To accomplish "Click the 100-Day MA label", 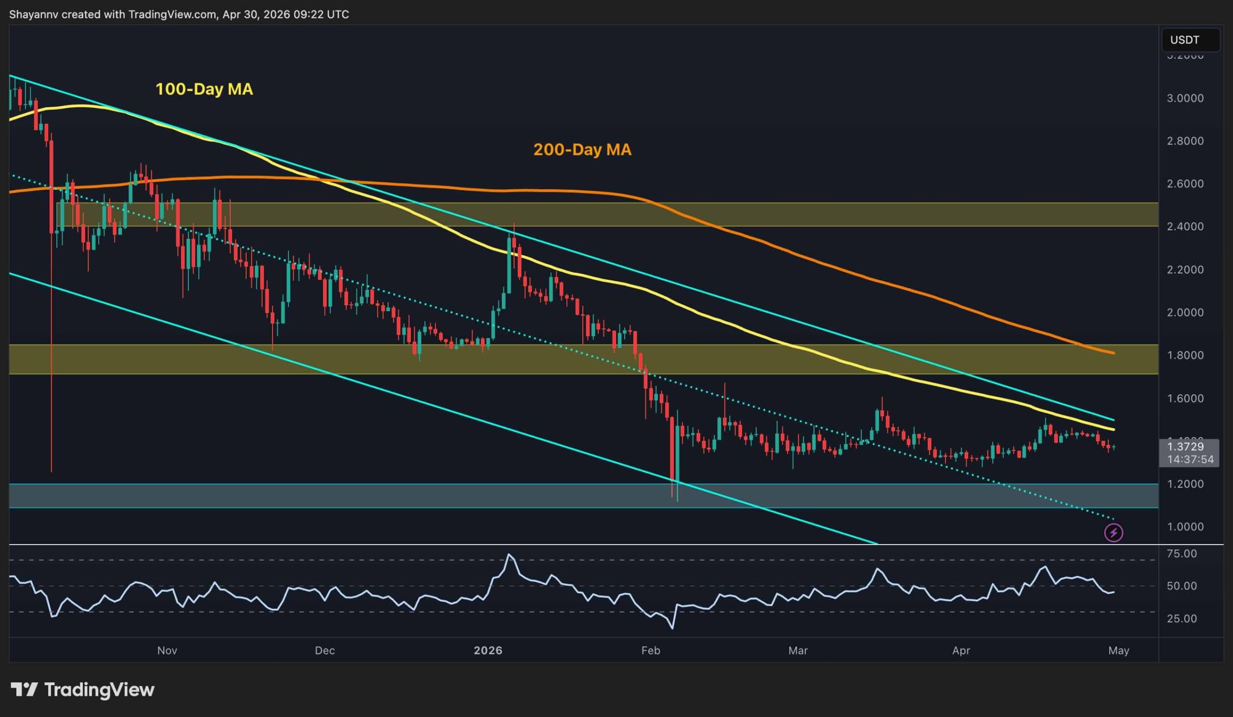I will pyautogui.click(x=204, y=89).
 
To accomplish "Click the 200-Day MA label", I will pyautogui.click(x=582, y=150).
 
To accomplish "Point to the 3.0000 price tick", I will pyautogui.click(x=1185, y=98).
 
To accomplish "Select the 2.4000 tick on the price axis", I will pyautogui.click(x=1185, y=226).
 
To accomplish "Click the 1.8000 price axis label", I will pyautogui.click(x=1185, y=355).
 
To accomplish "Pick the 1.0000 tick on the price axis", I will pyautogui.click(x=1185, y=527).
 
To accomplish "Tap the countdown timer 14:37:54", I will pyautogui.click(x=1190, y=459).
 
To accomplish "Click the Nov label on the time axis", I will pyautogui.click(x=167, y=651).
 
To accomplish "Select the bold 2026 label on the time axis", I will pyautogui.click(x=488, y=651).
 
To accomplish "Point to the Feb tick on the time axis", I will pyautogui.click(x=650, y=651).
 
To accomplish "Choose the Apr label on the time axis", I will pyautogui.click(x=961, y=651).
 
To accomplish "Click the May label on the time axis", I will pyautogui.click(x=1118, y=651).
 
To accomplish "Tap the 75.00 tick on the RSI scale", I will pyautogui.click(x=1181, y=554).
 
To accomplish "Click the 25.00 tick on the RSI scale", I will pyautogui.click(x=1181, y=619).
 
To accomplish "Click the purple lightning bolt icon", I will pyautogui.click(x=1114, y=533).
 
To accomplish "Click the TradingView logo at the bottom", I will pyautogui.click(x=83, y=690).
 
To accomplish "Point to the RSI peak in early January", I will pyautogui.click(x=510, y=555).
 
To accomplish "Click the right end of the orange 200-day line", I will pyautogui.click(x=1114, y=353).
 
